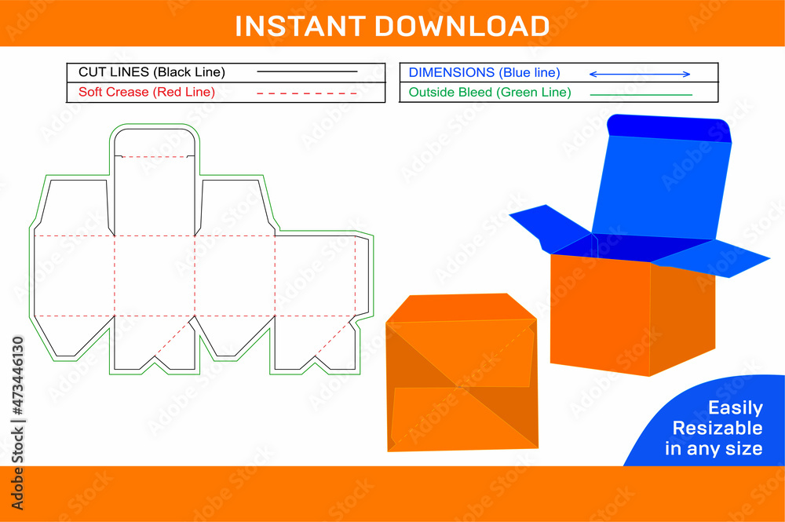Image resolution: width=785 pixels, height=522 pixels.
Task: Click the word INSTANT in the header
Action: pyautogui.click(x=301, y=25)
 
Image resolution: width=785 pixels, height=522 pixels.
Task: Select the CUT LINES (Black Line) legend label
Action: pyautogui.click(x=152, y=72)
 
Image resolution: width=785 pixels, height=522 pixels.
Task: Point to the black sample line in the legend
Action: pyautogui.click(x=307, y=72)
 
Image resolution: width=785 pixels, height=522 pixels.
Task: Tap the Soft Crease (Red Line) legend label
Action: pyautogui.click(x=147, y=92)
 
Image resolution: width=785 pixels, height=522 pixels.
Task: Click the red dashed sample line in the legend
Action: pyautogui.click(x=307, y=93)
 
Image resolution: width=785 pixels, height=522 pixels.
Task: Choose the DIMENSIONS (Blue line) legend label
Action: pyautogui.click(x=484, y=72)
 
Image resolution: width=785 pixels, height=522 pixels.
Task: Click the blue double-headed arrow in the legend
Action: pyautogui.click(x=640, y=74)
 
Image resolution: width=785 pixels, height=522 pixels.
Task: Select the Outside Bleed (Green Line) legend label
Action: pyautogui.click(x=490, y=92)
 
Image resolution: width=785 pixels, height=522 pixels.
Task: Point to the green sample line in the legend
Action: pyautogui.click(x=641, y=94)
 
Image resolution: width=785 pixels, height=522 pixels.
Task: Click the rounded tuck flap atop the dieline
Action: pyautogui.click(x=154, y=142)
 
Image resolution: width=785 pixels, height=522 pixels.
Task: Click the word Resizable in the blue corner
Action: pyautogui.click(x=717, y=428)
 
